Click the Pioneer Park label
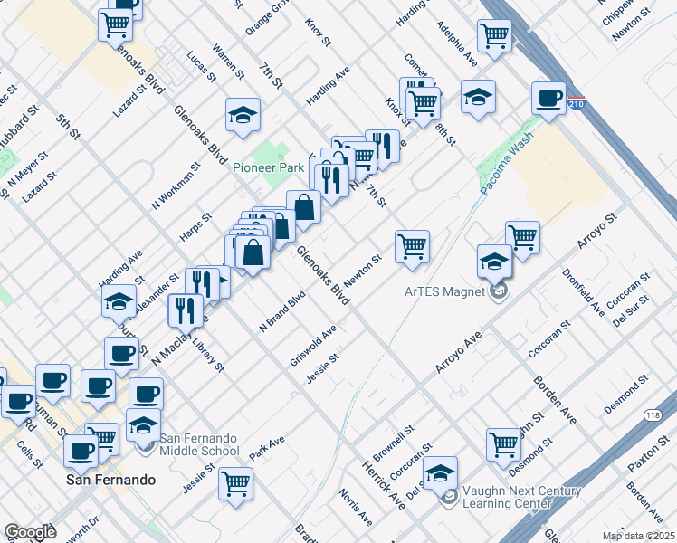tap(268, 167)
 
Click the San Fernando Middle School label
tap(199, 444)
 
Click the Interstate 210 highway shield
tap(577, 105)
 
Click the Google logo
tap(30, 532)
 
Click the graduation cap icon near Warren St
tap(243, 115)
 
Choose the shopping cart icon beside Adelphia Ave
tap(494, 35)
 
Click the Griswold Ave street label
tap(313, 342)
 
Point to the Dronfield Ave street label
tap(584, 291)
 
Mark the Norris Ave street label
tap(356, 508)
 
